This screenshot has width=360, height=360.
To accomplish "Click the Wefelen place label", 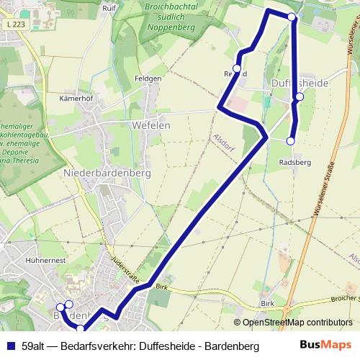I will [151, 125].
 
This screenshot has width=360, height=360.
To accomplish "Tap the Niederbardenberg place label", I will [107, 174].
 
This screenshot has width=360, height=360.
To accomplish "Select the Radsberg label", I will [294, 163].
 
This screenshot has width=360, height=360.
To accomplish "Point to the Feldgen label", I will [148, 78].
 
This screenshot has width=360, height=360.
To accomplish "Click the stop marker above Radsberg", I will [291, 141].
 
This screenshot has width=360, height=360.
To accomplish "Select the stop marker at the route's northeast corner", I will [292, 17].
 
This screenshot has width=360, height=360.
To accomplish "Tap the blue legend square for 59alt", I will [9, 346].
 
